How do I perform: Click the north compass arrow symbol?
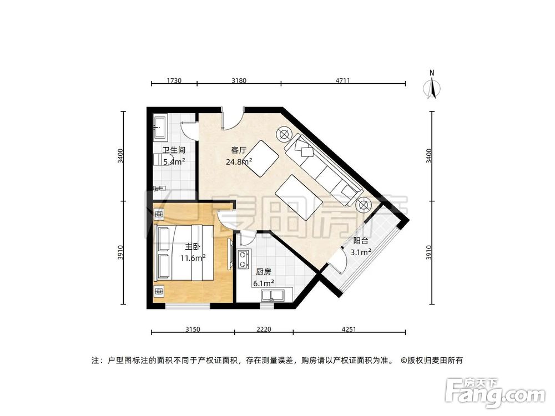[432, 88]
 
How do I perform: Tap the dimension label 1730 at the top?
[174, 81]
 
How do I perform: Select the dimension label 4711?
[342, 81]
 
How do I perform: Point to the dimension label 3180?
[239, 81]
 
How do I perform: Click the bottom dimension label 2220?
[264, 329]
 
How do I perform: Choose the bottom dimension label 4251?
[349, 329]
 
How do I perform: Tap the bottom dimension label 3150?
[192, 329]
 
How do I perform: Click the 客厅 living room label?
[239, 150]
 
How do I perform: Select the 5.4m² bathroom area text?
[173, 162]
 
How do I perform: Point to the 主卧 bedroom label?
[193, 247]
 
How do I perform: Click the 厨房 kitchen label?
[263, 272]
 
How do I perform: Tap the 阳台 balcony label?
[361, 241]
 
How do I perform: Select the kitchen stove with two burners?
[243, 259]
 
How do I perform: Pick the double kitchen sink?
[272, 295]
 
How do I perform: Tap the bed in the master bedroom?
[183, 253]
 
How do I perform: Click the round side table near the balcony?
[363, 205]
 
